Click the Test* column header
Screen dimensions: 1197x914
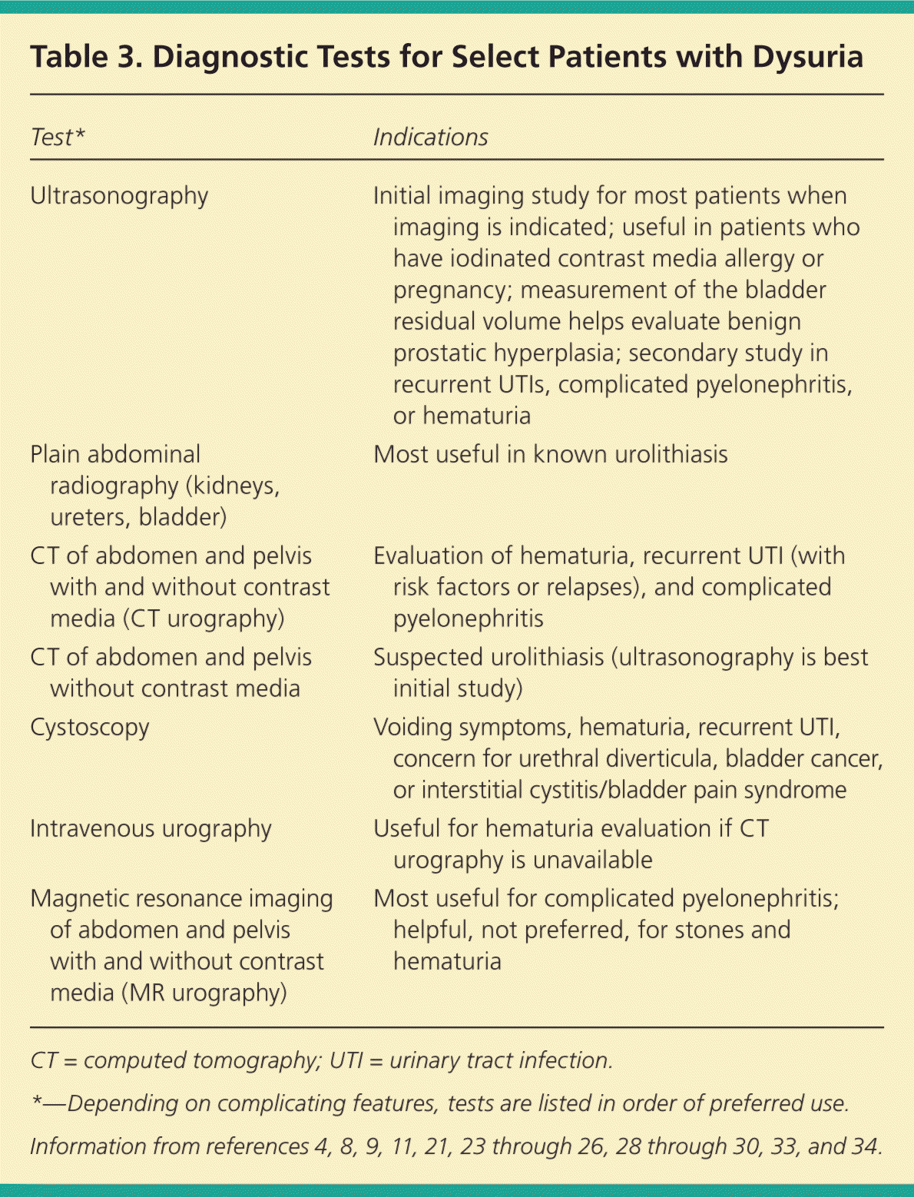coord(58,137)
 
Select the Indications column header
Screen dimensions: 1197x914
coord(430,137)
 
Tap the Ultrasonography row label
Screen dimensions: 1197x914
coord(119,196)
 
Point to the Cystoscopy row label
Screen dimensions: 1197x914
coord(90,727)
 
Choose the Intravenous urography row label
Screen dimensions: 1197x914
coord(151,828)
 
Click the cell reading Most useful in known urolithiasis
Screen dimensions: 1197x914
coord(550,454)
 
